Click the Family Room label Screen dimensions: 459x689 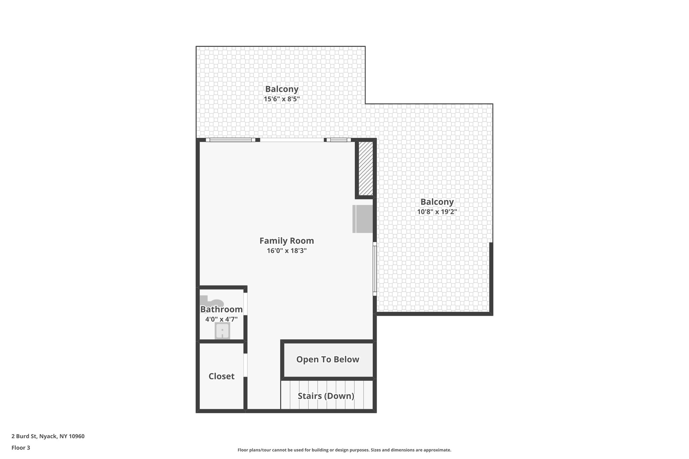(287, 241)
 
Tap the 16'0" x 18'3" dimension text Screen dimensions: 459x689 (287, 251)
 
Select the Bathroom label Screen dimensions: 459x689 (221, 309)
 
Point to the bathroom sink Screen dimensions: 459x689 (222, 331)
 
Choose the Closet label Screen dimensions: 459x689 (221, 376)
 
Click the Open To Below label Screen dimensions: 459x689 (328, 359)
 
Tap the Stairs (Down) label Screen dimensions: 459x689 (326, 396)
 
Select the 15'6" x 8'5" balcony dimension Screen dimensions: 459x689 (282, 99)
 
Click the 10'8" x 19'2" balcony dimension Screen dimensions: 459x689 (437, 212)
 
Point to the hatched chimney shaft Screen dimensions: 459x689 (366, 168)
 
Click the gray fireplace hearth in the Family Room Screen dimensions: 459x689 (363, 219)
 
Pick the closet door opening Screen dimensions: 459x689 (246, 365)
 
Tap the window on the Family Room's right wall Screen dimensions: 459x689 (374, 269)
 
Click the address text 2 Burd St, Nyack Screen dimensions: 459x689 (48, 436)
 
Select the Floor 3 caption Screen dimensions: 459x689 (21, 448)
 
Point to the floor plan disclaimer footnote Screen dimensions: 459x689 (344, 450)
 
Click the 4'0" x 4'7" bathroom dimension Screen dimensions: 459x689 (221, 319)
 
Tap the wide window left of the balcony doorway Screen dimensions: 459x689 (230, 140)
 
